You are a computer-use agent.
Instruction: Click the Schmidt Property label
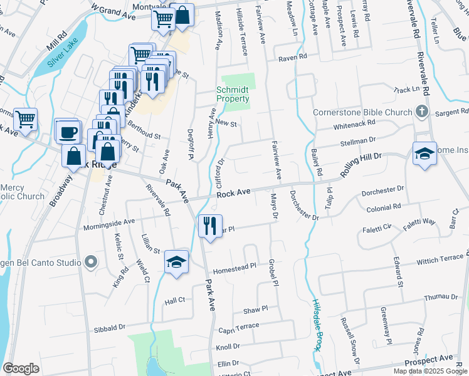233,94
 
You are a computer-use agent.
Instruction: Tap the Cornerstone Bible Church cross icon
423,113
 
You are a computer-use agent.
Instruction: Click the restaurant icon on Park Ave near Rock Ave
210,225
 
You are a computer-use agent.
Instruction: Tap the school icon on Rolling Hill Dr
424,154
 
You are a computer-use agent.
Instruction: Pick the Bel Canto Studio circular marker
92,262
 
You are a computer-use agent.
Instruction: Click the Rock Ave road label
234,194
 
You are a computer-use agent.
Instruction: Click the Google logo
21,368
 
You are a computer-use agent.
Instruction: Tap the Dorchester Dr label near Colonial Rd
383,189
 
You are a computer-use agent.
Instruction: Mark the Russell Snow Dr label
349,340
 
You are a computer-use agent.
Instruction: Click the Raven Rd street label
293,56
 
